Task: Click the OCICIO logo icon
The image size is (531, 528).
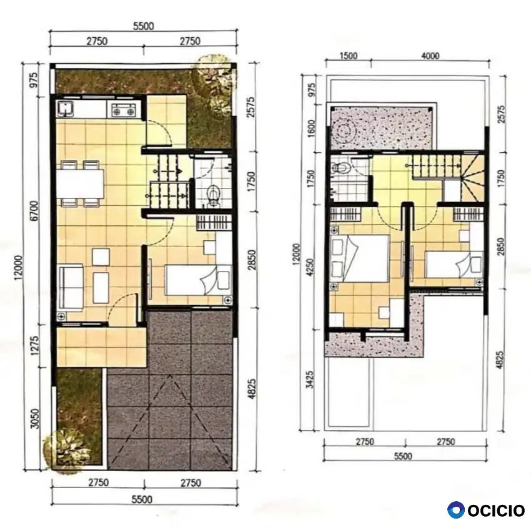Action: (455, 510)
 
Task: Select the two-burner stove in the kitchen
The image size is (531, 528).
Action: (124, 109)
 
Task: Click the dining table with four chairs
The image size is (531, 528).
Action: (80, 183)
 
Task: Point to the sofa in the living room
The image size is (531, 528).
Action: (71, 286)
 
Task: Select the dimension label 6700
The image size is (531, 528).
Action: (35, 211)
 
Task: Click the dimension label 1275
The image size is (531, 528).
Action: (35, 345)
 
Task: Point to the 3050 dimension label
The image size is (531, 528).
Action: (35, 419)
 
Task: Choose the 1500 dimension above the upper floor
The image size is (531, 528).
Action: (349, 56)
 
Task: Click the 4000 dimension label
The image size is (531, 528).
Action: (430, 56)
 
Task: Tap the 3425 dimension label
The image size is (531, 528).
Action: (310, 379)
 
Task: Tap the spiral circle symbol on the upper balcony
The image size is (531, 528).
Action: (344, 130)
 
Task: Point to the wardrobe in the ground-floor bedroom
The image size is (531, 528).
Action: (214, 222)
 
